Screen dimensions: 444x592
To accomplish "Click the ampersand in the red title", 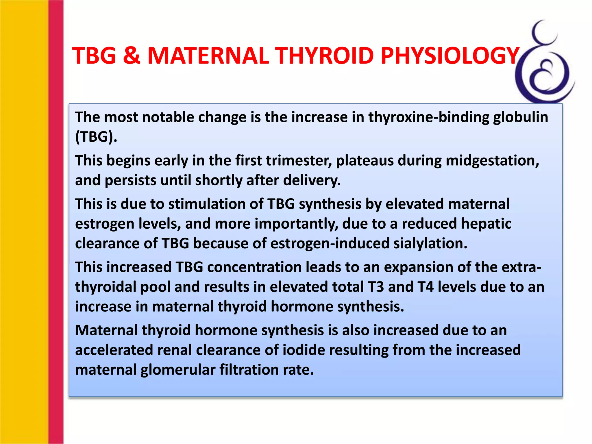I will point(132,55).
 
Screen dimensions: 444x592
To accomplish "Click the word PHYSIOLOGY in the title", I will point(450,55).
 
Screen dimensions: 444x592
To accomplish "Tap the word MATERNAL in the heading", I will point(208,55).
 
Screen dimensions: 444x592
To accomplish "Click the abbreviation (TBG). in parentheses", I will point(96,137).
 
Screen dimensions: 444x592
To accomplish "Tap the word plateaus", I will point(365,161).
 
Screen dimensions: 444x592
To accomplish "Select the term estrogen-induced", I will point(330,243).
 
